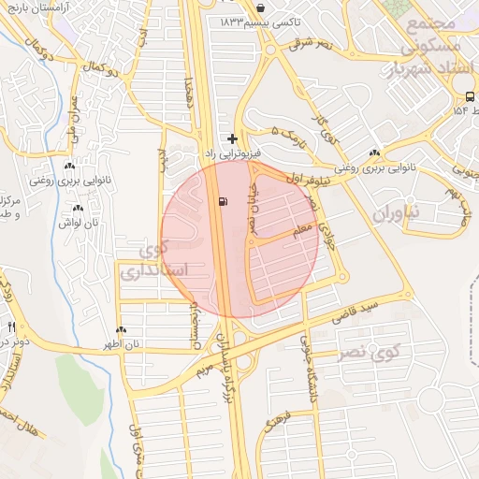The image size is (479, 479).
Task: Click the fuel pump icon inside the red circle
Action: (221, 200)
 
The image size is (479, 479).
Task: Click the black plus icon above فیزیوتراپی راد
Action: (232, 138)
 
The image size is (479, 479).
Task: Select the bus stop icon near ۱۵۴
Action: (468, 96)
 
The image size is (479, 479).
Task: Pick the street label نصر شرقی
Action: (313, 44)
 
